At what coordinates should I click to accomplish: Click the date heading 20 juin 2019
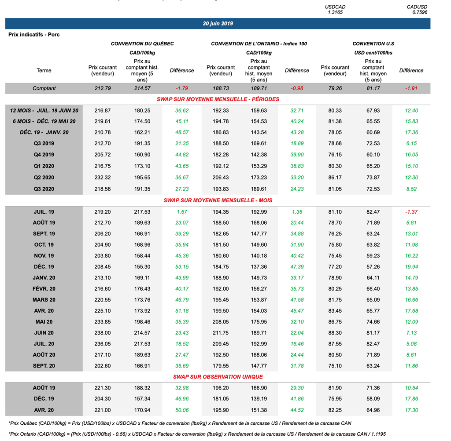tap(218, 24)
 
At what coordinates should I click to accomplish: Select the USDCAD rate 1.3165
tap(335, 12)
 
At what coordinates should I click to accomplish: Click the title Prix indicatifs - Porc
tap(34, 34)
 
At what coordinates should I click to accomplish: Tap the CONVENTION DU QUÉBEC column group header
tap(142, 44)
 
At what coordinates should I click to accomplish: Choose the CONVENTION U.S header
tap(373, 44)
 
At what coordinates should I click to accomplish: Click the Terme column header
tap(44, 70)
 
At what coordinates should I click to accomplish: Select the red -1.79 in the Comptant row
tap(181, 88)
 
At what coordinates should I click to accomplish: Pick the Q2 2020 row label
tap(44, 178)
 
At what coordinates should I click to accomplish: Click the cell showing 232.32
tap(103, 178)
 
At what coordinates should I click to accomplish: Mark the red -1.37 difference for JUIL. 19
tap(411, 212)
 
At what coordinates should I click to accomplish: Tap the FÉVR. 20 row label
tap(44, 289)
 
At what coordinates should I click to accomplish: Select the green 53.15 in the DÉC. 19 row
tap(181, 267)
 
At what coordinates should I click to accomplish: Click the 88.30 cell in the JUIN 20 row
tap(335, 333)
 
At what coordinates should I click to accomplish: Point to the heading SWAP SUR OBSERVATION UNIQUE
tap(218, 377)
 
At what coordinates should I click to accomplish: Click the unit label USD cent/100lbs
tap(373, 53)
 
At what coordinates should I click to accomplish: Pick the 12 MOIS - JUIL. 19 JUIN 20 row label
tap(44, 110)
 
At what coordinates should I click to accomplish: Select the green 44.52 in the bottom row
tap(297, 410)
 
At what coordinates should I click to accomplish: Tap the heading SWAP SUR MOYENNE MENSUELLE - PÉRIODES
tap(218, 99)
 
